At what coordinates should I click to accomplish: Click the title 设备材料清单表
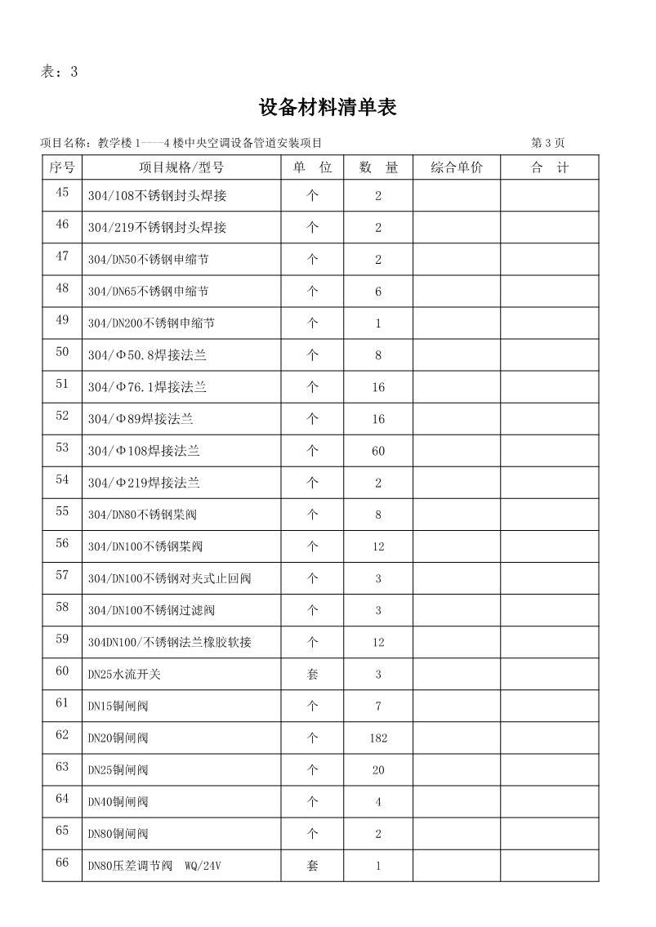(328, 107)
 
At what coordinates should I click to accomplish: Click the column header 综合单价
(457, 167)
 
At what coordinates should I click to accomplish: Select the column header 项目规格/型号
(181, 167)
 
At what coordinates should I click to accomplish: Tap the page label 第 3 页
(547, 143)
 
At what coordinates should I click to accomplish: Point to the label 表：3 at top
(59, 71)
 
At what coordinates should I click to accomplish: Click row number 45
(62, 193)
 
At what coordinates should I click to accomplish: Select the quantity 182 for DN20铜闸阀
(378, 738)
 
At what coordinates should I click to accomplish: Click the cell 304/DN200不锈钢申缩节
(151, 323)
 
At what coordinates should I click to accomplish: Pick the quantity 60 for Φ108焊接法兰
(378, 451)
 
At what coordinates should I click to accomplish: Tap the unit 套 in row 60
(312, 675)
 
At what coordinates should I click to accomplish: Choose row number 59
(62, 640)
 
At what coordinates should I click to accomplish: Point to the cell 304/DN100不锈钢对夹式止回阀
(169, 578)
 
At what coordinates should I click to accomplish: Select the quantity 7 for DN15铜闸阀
(378, 706)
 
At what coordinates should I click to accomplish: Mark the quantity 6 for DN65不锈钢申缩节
(378, 292)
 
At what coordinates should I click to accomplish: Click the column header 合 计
(549, 167)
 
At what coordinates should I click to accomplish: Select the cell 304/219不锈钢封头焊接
(157, 228)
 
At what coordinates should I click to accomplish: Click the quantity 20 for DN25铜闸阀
(378, 770)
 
